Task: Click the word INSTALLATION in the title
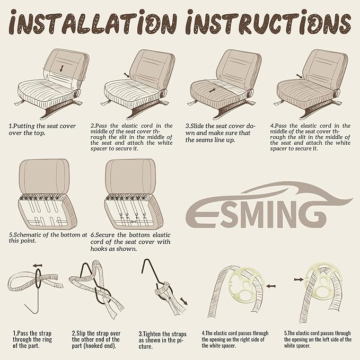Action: point(93,23)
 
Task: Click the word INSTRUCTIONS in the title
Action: point(268,22)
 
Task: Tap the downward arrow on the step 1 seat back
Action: point(62,68)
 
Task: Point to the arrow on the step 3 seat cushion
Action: point(213,91)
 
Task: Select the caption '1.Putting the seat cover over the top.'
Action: point(42,129)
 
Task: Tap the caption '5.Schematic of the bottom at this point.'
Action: point(48,238)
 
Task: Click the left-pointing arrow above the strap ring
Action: point(38,266)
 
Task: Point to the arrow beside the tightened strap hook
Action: point(184,301)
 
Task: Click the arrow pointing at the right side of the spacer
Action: point(271,286)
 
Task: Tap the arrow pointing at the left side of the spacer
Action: point(298,279)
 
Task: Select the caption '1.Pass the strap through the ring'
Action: point(32,339)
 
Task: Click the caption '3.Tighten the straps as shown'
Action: point(162,340)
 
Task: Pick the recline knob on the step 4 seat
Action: point(336,93)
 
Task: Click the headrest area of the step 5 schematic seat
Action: point(44,177)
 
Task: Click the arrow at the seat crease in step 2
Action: point(127,75)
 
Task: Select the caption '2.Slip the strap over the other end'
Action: point(96,339)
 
